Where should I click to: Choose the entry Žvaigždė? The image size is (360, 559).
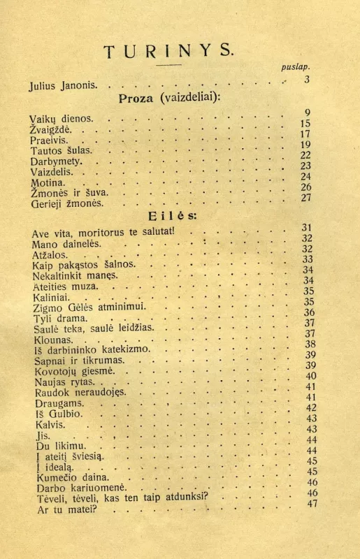point(51,129)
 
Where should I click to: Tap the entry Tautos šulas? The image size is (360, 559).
point(59,150)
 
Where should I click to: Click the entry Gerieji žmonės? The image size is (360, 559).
point(66,203)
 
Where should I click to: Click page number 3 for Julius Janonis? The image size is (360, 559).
point(306,79)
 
